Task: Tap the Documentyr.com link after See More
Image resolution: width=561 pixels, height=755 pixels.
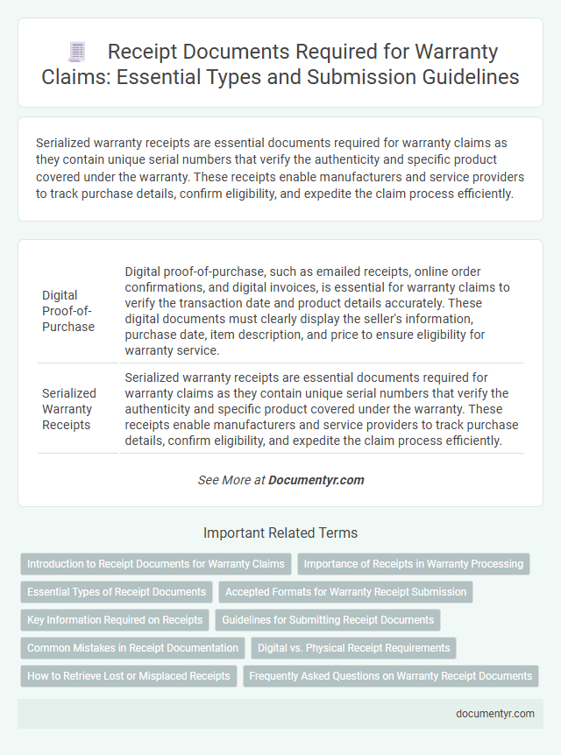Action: click(x=316, y=480)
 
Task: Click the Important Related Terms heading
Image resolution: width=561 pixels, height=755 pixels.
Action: click(x=280, y=533)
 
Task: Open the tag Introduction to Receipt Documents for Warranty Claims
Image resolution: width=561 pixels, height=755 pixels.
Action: click(x=156, y=564)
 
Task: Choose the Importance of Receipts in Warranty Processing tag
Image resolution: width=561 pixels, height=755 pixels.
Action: click(x=414, y=564)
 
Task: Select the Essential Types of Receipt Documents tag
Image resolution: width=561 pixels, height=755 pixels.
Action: click(x=117, y=592)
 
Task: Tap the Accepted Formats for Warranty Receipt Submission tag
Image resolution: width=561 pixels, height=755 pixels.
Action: click(x=345, y=592)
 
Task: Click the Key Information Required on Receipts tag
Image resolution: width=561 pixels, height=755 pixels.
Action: click(x=115, y=620)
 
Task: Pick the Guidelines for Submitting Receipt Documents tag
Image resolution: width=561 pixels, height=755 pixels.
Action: click(x=328, y=620)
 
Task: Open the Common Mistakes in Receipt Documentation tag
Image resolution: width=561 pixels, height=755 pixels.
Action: click(x=132, y=648)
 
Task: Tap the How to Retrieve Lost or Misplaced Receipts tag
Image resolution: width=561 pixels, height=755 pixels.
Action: click(x=129, y=676)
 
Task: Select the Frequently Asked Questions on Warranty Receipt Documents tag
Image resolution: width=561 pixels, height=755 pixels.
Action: click(x=391, y=676)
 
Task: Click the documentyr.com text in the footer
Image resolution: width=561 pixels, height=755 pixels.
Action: click(x=495, y=714)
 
